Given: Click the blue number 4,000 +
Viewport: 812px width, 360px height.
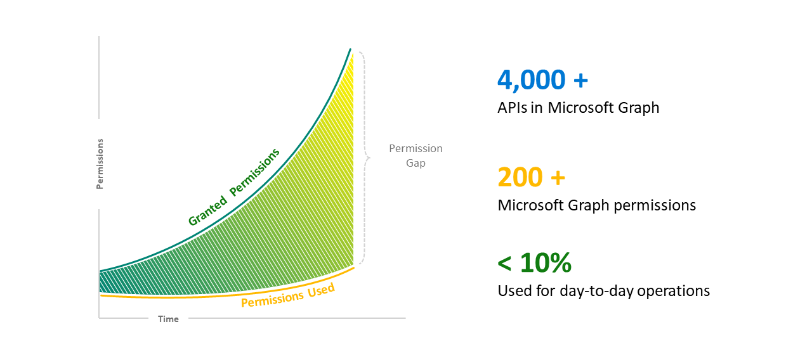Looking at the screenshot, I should (542, 80).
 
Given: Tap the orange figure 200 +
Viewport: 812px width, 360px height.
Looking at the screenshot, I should (531, 177).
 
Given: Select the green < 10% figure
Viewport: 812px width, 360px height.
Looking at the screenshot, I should (534, 262).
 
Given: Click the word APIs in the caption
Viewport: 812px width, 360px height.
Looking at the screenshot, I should (513, 108).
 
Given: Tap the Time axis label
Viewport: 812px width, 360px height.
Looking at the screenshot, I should (168, 319).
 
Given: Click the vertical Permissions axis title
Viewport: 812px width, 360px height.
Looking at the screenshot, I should (100, 164).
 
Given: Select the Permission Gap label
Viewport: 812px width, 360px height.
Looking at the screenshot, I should (416, 155).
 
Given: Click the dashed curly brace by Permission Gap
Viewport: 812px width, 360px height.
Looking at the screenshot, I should (363, 157).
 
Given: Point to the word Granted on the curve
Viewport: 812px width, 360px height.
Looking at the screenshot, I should (207, 210).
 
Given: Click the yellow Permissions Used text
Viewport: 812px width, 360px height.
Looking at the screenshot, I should (287, 295).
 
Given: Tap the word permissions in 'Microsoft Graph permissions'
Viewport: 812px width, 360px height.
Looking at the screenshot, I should (657, 206).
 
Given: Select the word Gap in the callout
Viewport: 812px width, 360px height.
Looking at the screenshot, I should (416, 163).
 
